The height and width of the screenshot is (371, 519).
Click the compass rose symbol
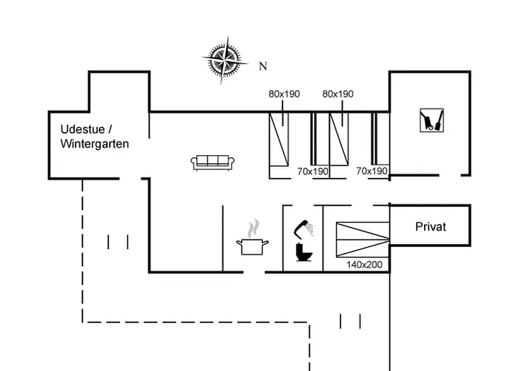click(223, 60)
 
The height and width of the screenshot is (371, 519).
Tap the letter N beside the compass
click(262, 66)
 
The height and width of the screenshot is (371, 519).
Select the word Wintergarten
click(95, 143)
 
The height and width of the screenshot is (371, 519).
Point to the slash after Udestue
click(111, 128)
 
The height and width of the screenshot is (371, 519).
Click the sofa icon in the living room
click(214, 162)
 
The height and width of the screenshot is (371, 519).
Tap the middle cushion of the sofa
click(214, 161)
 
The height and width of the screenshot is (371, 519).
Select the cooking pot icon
click(253, 246)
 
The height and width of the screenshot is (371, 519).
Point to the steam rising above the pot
click(254, 226)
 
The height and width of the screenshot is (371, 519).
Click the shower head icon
click(305, 226)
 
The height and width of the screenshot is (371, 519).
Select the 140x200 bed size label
click(363, 263)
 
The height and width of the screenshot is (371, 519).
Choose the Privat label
click(431, 227)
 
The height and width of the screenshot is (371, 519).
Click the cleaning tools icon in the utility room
click(430, 121)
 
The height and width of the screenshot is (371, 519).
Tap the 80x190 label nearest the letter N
click(284, 94)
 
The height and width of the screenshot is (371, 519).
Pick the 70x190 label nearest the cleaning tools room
click(372, 171)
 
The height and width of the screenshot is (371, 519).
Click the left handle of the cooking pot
click(239, 241)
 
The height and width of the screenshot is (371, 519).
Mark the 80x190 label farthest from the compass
click(338, 94)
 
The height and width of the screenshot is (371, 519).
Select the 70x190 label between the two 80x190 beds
click(313, 171)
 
